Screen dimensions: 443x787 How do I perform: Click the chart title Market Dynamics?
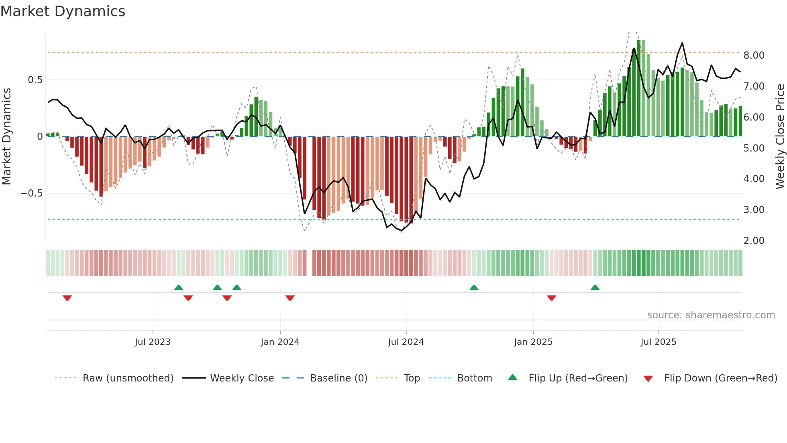coord(63,11)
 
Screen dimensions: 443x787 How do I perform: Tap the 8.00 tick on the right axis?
coord(754,55)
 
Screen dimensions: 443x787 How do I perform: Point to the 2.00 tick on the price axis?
coord(754,241)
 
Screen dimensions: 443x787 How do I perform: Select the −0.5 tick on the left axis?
coord(31,193)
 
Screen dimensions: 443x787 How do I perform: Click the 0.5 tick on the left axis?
coord(35,80)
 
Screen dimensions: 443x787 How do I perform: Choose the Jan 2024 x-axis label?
coord(280,342)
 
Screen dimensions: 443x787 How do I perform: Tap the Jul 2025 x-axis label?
coord(658,342)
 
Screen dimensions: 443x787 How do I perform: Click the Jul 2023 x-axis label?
coord(153,342)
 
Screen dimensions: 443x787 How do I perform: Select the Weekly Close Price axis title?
coord(780,136)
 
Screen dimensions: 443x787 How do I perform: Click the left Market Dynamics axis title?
coord(6,136)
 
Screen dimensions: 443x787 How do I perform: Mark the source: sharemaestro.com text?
coord(711,315)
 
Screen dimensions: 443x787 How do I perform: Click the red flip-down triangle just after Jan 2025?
coord(551,298)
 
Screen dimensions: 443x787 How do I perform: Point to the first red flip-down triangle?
coord(67,298)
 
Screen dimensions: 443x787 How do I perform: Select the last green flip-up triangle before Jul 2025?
coord(595,287)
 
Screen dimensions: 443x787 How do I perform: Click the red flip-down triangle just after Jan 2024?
coord(290,298)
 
